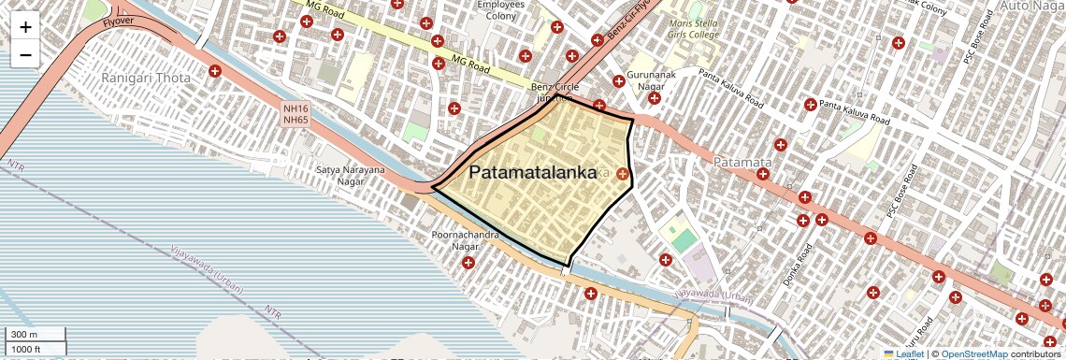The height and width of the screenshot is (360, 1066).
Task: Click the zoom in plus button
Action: (x=25, y=27)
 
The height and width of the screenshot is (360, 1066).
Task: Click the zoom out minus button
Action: (x=25, y=55)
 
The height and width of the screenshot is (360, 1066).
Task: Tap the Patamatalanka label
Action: (x=532, y=173)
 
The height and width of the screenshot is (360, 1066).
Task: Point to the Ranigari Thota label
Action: (x=146, y=78)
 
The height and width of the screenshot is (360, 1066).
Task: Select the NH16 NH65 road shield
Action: (x=295, y=114)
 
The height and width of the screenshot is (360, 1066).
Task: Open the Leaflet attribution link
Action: (x=903, y=353)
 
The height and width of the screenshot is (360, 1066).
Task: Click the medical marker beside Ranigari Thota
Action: (x=215, y=71)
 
